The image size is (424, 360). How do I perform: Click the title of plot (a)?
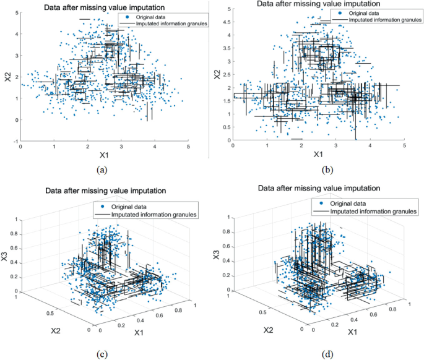click(103, 7)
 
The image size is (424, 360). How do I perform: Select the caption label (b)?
click(317, 166)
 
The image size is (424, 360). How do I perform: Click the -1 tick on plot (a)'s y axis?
click(14, 141)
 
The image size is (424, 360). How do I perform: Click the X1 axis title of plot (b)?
click(317, 153)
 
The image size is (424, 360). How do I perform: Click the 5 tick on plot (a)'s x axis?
click(188, 147)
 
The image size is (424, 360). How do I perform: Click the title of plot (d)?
click(319, 187)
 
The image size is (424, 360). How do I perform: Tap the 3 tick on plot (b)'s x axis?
click(335, 145)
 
